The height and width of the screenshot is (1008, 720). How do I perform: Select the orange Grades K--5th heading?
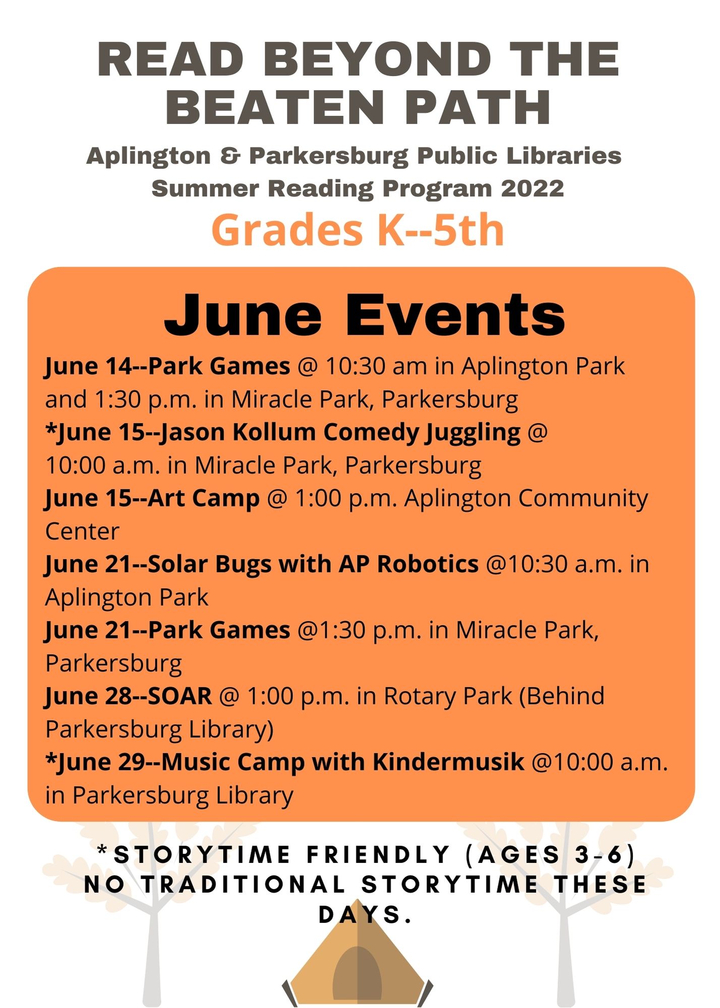click(x=358, y=230)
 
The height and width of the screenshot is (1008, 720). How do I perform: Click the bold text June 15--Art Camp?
click(x=152, y=498)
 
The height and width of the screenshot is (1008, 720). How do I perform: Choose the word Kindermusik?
click(x=448, y=762)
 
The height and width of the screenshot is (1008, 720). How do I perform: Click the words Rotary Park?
click(x=448, y=696)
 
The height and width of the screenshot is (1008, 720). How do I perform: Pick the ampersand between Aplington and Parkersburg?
click(x=229, y=156)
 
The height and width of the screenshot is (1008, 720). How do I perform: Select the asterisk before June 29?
click(x=50, y=758)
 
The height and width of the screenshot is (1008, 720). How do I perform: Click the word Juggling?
click(x=472, y=433)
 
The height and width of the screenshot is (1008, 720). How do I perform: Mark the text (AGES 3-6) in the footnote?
click(x=549, y=855)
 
